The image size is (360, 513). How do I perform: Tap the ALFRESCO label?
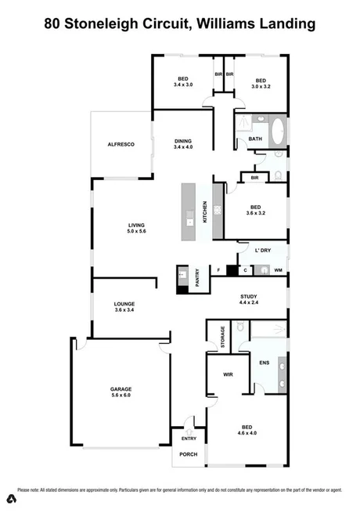point(121,145)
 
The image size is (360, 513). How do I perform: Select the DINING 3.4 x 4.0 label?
point(183,143)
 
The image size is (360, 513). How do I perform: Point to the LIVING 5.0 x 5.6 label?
point(138,229)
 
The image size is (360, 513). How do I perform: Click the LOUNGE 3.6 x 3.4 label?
point(124,306)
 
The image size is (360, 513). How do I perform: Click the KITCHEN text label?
point(205,211)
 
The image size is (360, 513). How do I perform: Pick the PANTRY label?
point(197,279)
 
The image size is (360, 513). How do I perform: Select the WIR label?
point(229,375)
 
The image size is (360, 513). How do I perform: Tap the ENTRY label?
point(189,439)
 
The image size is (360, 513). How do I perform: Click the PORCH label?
point(189,454)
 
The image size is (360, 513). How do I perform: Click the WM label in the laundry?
point(278,270)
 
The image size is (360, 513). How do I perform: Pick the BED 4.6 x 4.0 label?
point(247,429)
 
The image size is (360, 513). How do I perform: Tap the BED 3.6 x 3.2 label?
point(255,209)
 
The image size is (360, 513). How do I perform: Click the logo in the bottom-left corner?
point(11,499)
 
